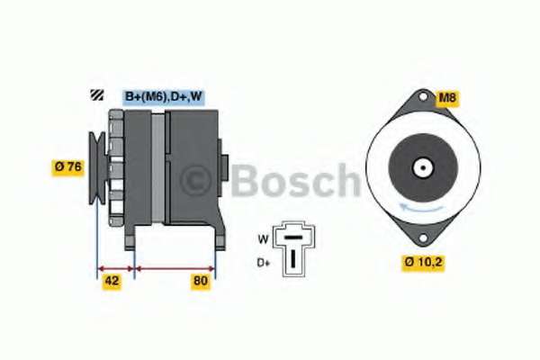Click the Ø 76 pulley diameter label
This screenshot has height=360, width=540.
67,167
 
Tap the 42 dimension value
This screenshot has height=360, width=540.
112,281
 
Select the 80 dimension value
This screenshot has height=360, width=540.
201,281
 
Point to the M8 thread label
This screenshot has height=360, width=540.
447,98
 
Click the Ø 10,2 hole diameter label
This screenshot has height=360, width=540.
423,263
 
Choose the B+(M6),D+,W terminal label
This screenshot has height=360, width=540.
164,97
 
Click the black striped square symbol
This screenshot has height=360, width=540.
97,94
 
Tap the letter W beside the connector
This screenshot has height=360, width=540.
263,238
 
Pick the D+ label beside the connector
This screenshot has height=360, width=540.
264,263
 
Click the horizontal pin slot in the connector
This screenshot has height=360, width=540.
294,238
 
